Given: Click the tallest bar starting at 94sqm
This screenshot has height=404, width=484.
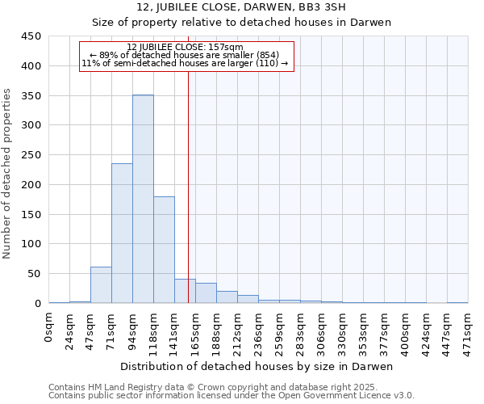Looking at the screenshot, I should click(x=143, y=199).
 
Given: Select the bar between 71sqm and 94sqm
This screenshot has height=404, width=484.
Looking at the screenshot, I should click(x=122, y=234).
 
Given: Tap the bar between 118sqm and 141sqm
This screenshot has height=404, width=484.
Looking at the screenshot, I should click(x=164, y=250).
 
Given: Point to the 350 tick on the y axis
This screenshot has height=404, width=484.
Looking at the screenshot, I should click(x=32, y=95).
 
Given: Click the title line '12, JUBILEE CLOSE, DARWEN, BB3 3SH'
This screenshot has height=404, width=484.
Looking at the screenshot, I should click(x=241, y=7).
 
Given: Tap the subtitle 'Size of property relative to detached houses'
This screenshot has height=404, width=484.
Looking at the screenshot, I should click(x=241, y=23).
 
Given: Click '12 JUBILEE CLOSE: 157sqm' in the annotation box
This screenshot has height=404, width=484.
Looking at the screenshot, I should click(x=186, y=48).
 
